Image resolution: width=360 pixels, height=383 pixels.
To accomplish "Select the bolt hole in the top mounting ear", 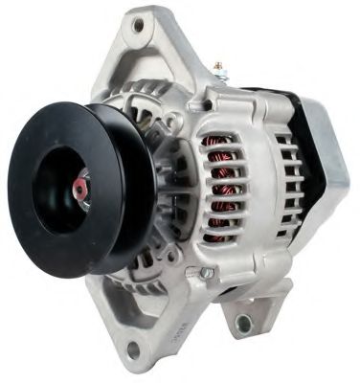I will click(139, 27).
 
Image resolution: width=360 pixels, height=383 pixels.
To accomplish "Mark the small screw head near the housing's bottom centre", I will click(205, 273).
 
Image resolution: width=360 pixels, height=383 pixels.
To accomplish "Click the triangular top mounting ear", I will click(153, 43).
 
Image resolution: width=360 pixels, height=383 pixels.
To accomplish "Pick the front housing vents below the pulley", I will click(144, 268).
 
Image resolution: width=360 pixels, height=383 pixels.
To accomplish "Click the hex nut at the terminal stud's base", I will click(219, 79).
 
